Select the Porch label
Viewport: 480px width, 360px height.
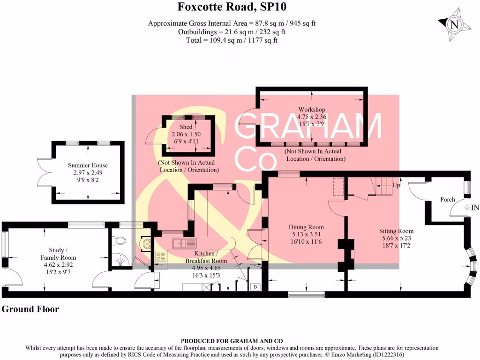447,199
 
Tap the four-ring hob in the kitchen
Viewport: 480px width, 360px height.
161,256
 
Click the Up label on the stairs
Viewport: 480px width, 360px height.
396,185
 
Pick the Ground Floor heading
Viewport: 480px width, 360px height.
30,309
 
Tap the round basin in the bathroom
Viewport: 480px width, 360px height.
144,243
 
